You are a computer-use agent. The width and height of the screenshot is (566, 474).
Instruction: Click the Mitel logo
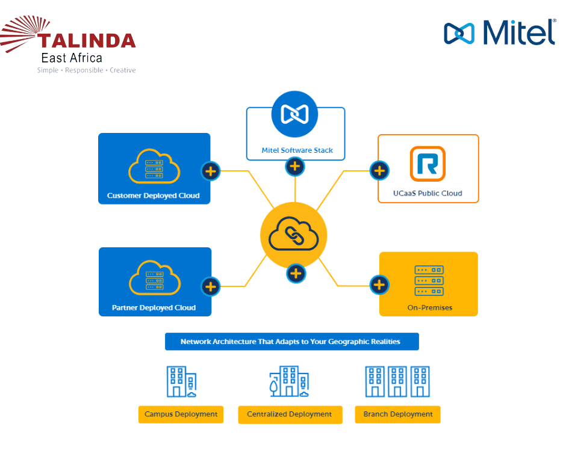[x=500, y=32]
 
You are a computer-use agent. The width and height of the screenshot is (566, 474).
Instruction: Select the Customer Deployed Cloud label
[x=153, y=195]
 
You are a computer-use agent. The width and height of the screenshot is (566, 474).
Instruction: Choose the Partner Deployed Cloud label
[x=154, y=307]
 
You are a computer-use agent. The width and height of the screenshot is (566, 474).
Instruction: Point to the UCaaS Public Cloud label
[x=428, y=193]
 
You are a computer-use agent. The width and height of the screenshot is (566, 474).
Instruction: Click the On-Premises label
[x=429, y=307]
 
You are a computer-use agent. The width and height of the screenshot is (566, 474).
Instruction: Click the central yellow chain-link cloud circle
[x=293, y=235]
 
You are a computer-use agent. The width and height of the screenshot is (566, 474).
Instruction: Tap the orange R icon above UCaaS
[x=428, y=164]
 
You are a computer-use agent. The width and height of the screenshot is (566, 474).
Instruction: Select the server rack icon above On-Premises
[x=429, y=280]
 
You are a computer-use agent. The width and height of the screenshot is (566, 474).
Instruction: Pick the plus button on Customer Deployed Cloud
[x=210, y=171]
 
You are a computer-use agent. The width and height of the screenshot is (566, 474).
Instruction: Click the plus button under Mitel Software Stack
[x=294, y=166]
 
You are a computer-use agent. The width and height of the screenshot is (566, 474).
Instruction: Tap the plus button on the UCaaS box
[x=379, y=171]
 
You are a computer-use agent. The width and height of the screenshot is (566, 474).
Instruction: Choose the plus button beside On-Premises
[x=379, y=285]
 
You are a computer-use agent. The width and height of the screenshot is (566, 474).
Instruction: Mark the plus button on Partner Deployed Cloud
[x=210, y=286]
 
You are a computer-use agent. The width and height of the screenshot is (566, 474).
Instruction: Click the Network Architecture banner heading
[x=291, y=342]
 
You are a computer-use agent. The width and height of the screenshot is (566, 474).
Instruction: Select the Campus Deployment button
[x=181, y=414]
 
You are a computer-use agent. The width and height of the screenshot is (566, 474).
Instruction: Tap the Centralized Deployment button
[x=290, y=414]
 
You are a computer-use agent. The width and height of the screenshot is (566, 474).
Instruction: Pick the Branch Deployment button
[x=397, y=414]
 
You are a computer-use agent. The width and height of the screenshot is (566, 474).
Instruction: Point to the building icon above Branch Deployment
[x=397, y=381]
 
